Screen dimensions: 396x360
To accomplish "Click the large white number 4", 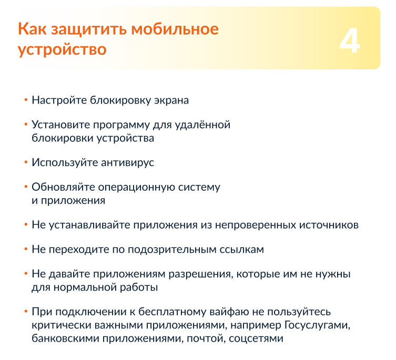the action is pyautogui.click(x=350, y=40).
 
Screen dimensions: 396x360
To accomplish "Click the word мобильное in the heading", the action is pyautogui.click(x=175, y=29).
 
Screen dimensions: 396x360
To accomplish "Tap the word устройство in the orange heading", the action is pyautogui.click(x=62, y=50).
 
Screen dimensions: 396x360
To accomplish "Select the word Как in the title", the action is pyautogui.click(x=32, y=28).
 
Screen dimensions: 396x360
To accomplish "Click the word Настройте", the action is pyautogui.click(x=59, y=100).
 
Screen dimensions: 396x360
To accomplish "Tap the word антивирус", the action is pyautogui.click(x=128, y=162).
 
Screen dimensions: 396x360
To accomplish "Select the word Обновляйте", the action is pyautogui.click(x=63, y=187).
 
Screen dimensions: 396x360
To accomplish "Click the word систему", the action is pyautogui.click(x=199, y=188).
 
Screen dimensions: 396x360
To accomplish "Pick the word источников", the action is pyautogui.click(x=329, y=225).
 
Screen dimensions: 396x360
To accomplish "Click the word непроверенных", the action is pyautogui.click(x=256, y=225).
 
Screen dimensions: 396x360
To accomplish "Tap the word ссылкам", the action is pyautogui.click(x=242, y=250).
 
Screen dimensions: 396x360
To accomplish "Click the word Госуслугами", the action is pyautogui.click(x=318, y=325).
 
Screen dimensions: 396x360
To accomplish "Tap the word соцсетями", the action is pyautogui.click(x=256, y=339).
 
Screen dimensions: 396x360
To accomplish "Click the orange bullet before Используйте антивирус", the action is pyautogui.click(x=26, y=162).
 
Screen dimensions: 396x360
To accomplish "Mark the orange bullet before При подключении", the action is pyautogui.click(x=26, y=312).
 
